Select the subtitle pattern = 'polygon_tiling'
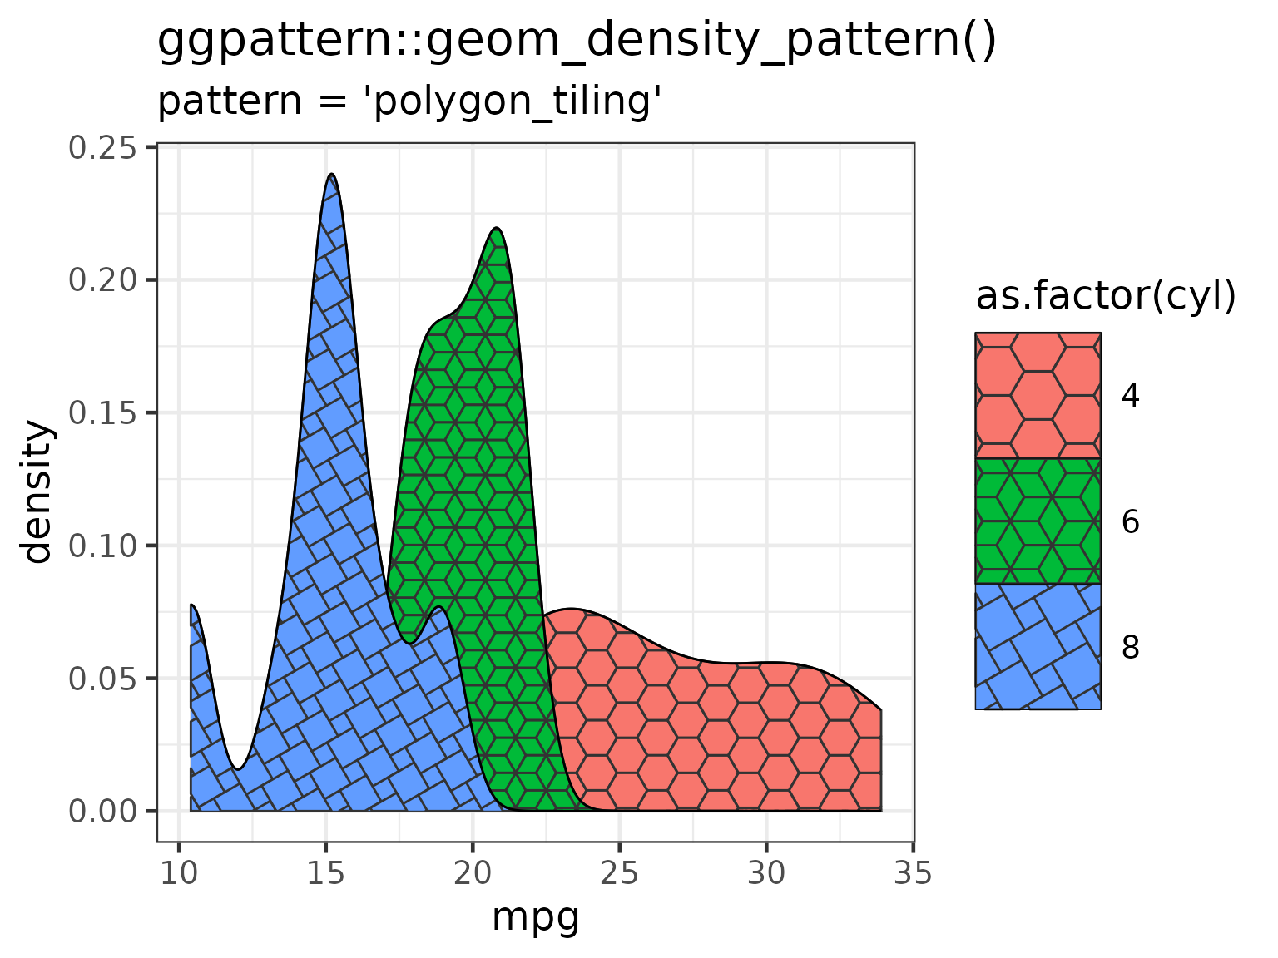coord(409,101)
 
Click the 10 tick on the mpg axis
coord(179,874)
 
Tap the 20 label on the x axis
coord(473,874)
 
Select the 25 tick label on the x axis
coord(620,874)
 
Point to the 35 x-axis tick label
coord(914,874)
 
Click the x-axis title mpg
coord(535,919)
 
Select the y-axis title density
coord(38,492)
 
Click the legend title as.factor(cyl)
coord(1106,297)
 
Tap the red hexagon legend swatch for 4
coord(1038,396)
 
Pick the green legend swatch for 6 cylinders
coord(1038,521)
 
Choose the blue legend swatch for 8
coord(1038,647)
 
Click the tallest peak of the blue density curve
coord(332,175)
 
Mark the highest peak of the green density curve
coord(496,228)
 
